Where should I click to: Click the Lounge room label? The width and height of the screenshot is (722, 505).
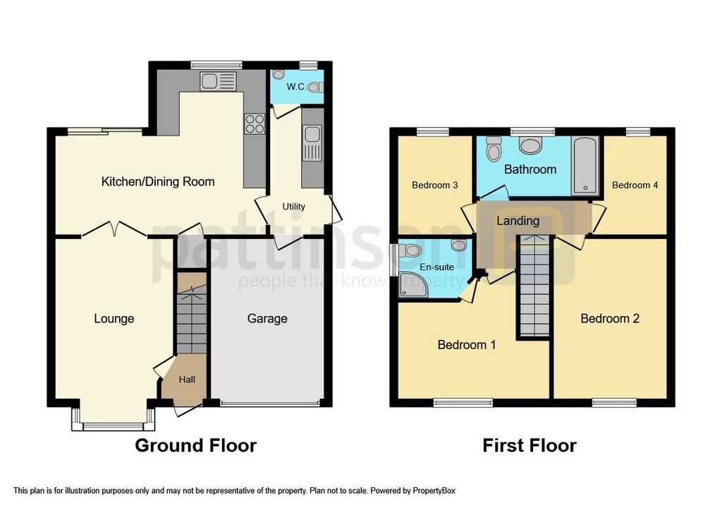pyautogui.click(x=114, y=319)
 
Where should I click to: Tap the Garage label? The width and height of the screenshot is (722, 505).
pyautogui.click(x=267, y=319)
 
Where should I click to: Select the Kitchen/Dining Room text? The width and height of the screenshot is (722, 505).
pyautogui.click(x=158, y=182)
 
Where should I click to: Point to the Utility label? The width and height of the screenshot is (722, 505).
pyautogui.click(x=294, y=207)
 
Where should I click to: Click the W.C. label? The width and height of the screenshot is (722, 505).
pyautogui.click(x=296, y=87)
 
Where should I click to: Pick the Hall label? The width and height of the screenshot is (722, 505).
pyautogui.click(x=187, y=379)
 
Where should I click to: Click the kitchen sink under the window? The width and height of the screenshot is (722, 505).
pyautogui.click(x=217, y=82)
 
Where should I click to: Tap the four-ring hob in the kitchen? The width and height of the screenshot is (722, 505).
pyautogui.click(x=254, y=124)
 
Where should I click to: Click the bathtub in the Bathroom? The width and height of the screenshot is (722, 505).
pyautogui.click(x=585, y=164)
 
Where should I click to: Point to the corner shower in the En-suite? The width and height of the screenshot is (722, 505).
pyautogui.click(x=412, y=284)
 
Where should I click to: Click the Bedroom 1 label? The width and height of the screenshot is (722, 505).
pyautogui.click(x=467, y=345)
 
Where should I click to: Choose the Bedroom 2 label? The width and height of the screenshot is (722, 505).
pyautogui.click(x=610, y=319)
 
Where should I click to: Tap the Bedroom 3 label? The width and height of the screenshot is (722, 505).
pyautogui.click(x=435, y=185)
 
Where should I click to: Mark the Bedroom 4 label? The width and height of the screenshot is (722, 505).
pyautogui.click(x=635, y=185)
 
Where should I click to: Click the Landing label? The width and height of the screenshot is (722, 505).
pyautogui.click(x=518, y=221)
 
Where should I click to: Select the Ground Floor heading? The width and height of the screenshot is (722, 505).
pyautogui.click(x=195, y=445)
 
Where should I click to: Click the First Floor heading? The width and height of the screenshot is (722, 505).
pyautogui.click(x=530, y=445)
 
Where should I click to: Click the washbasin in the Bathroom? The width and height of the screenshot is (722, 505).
pyautogui.click(x=530, y=145)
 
